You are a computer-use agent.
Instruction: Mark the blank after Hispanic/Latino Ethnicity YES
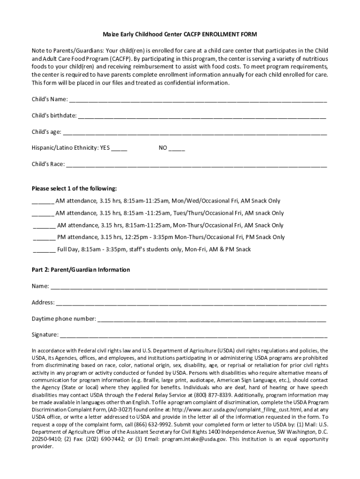pos(119,149)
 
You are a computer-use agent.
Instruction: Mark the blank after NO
pos(177,149)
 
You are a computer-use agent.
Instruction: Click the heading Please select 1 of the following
pos(74,189)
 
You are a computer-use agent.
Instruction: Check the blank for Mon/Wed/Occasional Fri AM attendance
pos(43,202)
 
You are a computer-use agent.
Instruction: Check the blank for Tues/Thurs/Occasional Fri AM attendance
pos(43,214)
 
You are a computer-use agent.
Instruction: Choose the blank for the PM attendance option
pos(44,238)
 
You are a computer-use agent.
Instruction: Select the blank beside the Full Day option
pos(44,250)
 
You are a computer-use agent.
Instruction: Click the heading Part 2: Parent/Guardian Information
pos(81,270)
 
